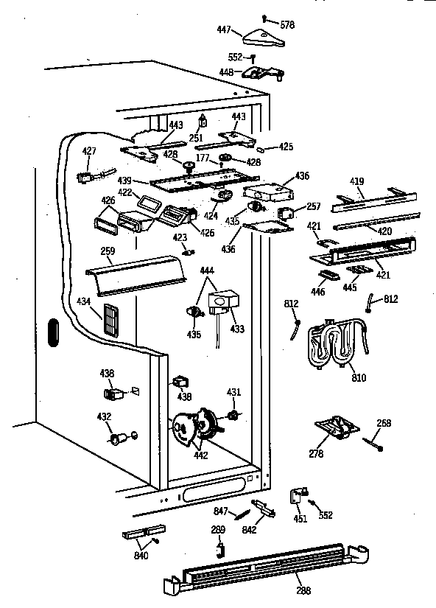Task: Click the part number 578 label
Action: [x=286, y=25]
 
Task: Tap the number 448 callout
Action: [x=227, y=72]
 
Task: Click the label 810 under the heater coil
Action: [x=359, y=378]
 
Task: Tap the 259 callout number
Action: [x=108, y=251]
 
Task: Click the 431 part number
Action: [x=233, y=391]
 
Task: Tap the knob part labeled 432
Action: [x=117, y=440]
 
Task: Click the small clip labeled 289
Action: [x=219, y=548]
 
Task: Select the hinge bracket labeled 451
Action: [x=300, y=496]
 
